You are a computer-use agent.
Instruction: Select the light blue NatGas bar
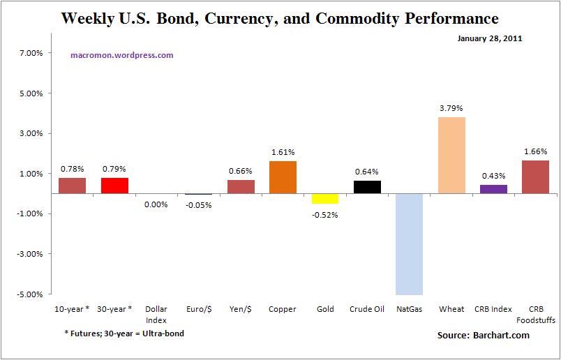(409, 243)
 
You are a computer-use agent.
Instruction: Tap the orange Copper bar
(283, 177)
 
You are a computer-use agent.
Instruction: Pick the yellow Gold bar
(325, 198)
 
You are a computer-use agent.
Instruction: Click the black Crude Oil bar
(367, 187)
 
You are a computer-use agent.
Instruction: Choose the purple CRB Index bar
(493, 189)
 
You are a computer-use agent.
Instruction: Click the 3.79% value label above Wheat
(451, 108)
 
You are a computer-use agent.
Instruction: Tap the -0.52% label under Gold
(325, 214)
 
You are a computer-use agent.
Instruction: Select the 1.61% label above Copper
(283, 152)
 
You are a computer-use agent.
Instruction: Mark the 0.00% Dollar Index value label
(156, 204)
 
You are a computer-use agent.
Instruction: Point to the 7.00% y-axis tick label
(32, 53)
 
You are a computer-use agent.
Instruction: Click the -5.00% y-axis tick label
(31, 294)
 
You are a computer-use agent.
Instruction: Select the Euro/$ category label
(198, 309)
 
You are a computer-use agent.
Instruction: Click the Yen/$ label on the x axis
(241, 309)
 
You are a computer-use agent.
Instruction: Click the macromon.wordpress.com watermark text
(122, 54)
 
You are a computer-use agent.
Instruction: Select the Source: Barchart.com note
(484, 336)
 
